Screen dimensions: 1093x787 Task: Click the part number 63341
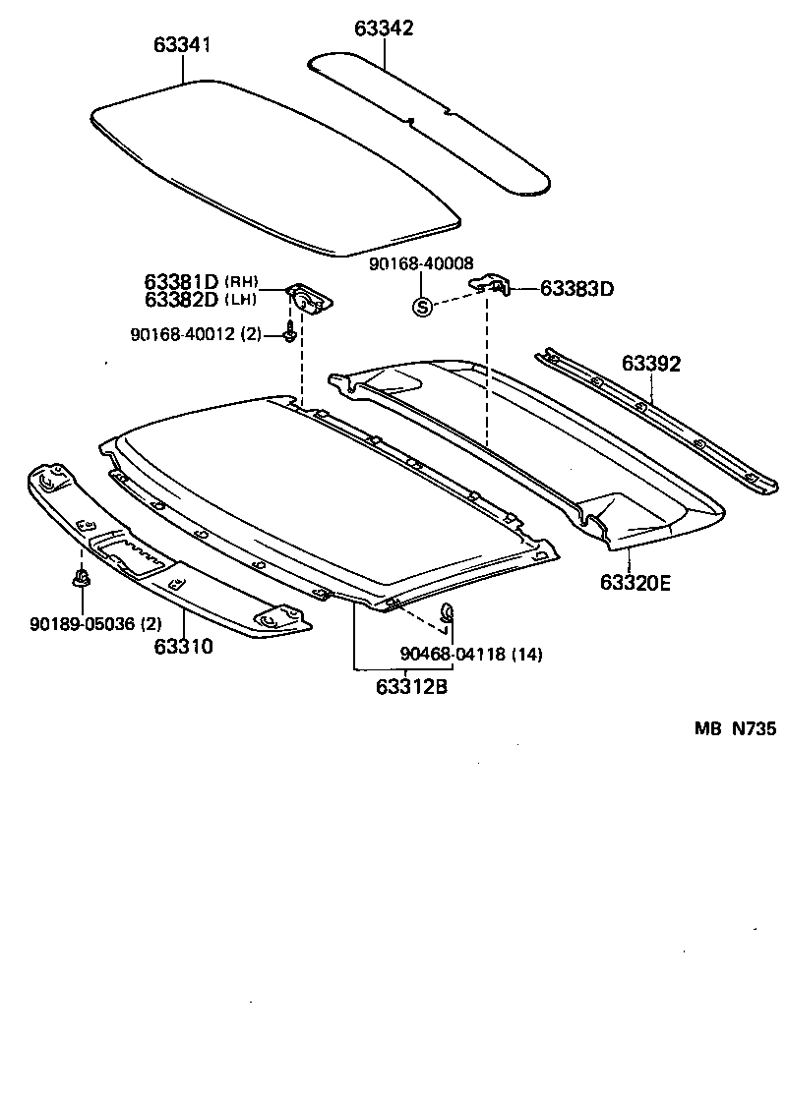(x=182, y=46)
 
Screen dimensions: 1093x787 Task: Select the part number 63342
(x=384, y=28)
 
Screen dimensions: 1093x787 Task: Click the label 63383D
(x=577, y=289)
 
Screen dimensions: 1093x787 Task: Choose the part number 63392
(x=650, y=364)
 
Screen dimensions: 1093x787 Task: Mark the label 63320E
(x=635, y=583)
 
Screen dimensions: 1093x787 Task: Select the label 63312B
(x=411, y=687)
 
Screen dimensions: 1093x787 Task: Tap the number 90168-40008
(x=422, y=263)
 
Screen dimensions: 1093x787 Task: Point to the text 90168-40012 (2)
(x=196, y=334)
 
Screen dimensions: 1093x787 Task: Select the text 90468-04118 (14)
(x=471, y=654)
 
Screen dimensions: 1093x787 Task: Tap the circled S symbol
(x=422, y=307)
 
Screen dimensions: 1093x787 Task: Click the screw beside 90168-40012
(x=289, y=332)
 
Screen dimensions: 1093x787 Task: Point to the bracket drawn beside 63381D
(x=309, y=297)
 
